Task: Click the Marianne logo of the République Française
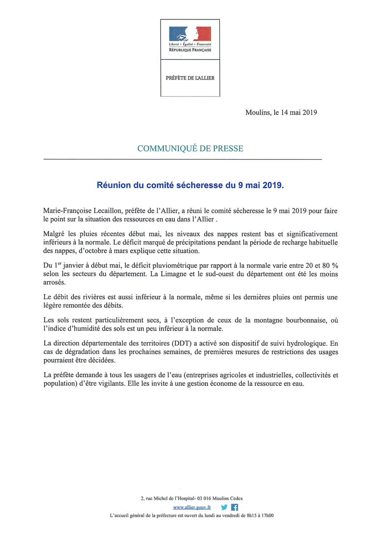point(190,34)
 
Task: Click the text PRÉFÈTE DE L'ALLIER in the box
point(190,78)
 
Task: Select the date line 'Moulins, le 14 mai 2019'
point(281,113)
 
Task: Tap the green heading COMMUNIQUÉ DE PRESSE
point(190,148)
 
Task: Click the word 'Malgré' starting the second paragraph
point(54,234)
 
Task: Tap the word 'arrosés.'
point(54,282)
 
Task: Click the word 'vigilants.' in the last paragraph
point(109,384)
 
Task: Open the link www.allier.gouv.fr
point(192,507)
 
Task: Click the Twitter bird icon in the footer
point(224,507)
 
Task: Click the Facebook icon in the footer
point(235,507)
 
